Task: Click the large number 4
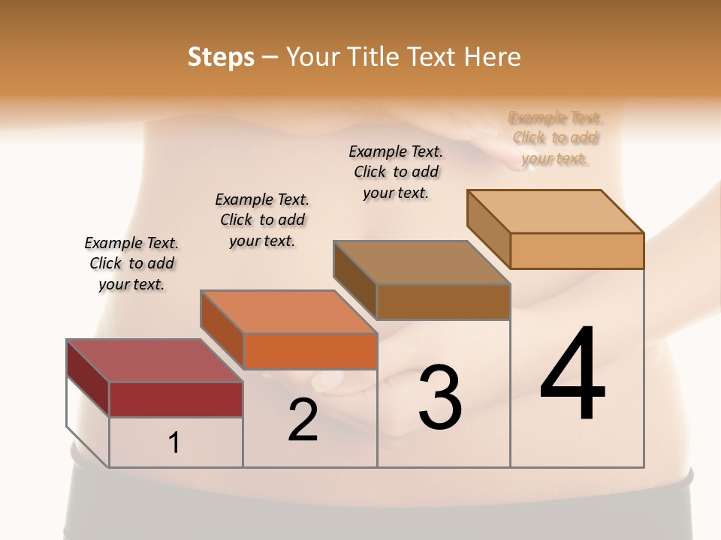573,375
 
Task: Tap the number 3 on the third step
440,397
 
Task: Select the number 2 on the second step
303,419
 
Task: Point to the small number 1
174,443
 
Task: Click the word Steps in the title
221,57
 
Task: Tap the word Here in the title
493,57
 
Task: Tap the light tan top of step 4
556,211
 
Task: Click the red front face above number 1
176,399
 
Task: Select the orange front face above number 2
310,351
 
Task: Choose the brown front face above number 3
443,301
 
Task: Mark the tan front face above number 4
577,250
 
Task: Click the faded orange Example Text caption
556,138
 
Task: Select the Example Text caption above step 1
132,264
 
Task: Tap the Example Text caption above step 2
262,220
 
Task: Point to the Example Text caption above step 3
396,172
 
